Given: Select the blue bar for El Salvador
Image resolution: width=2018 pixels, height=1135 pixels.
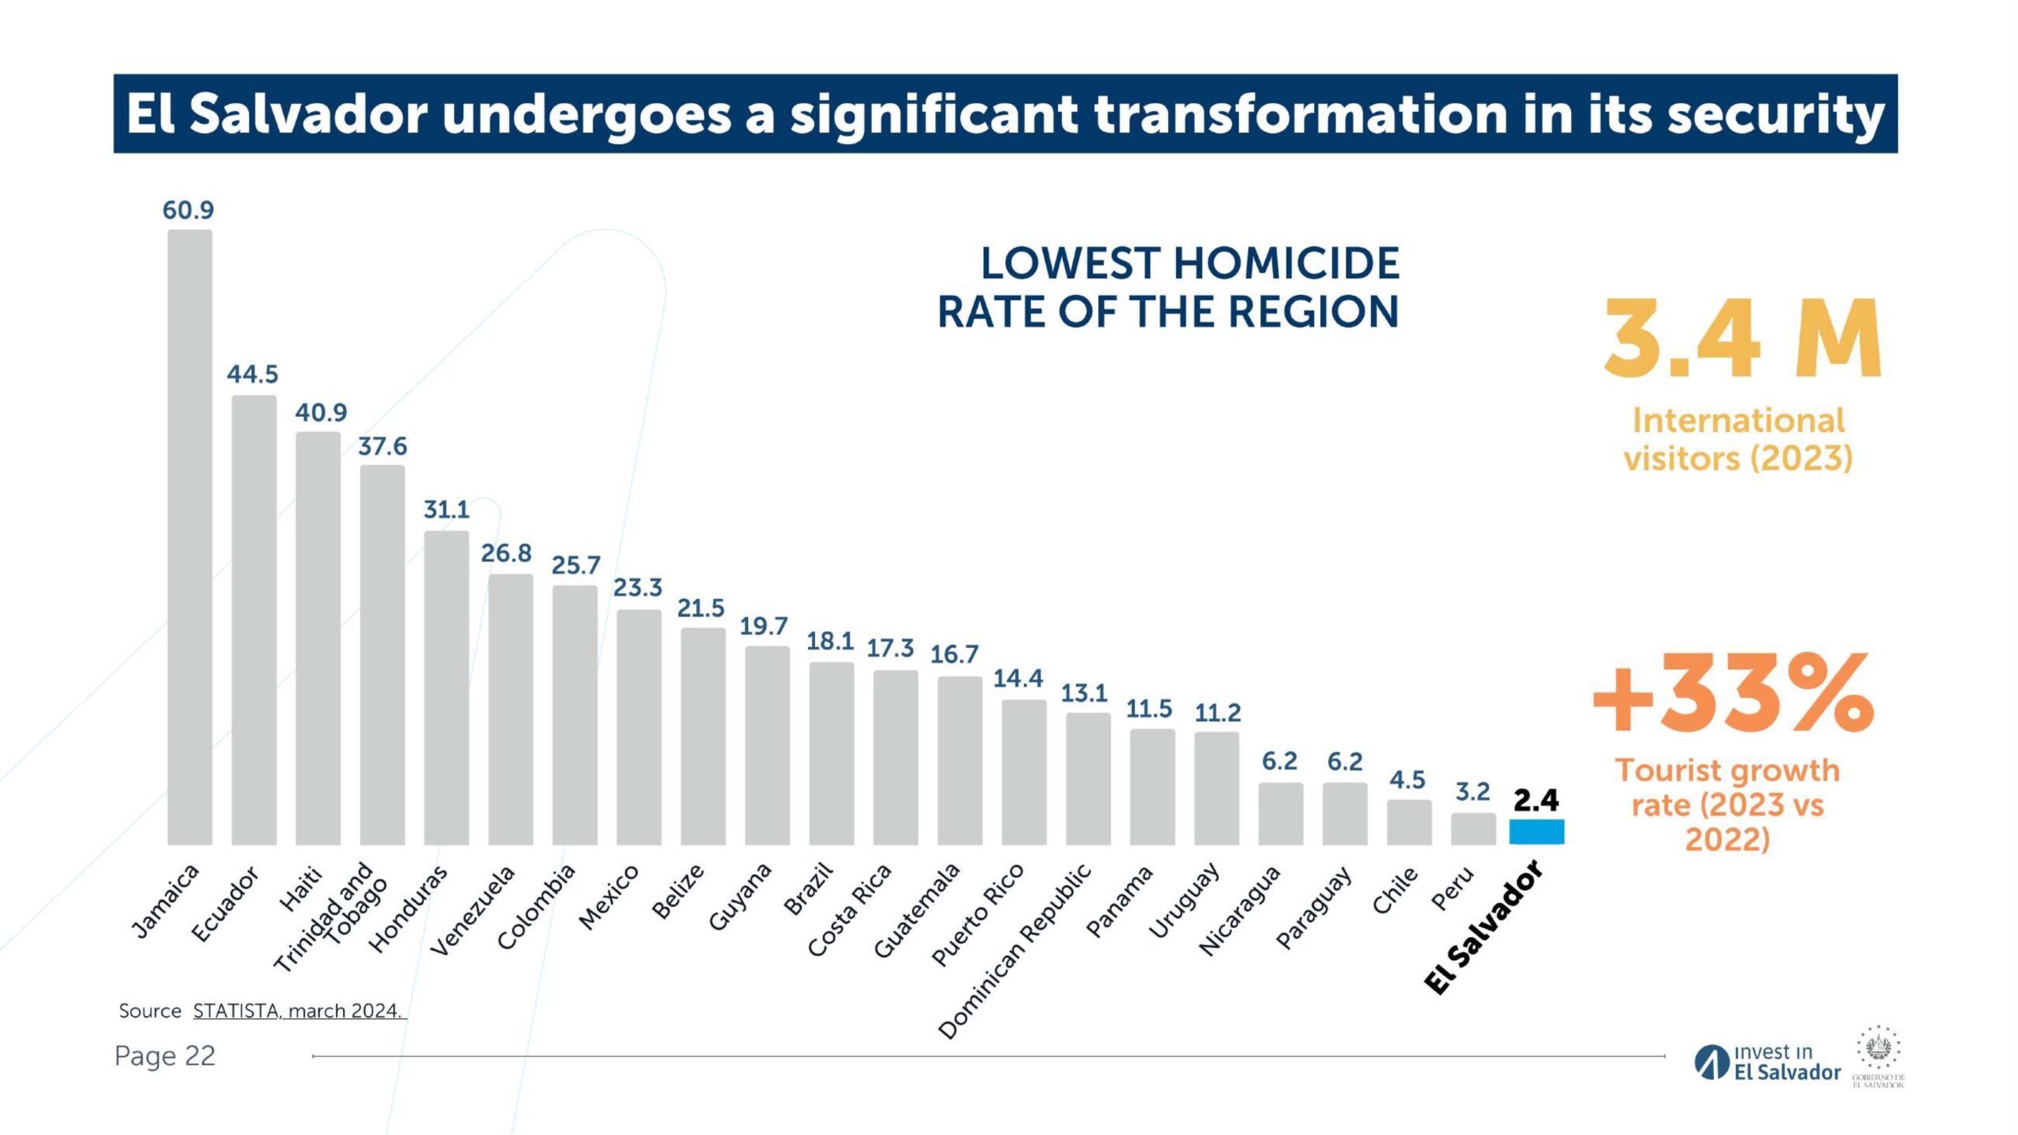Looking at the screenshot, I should click(1536, 832).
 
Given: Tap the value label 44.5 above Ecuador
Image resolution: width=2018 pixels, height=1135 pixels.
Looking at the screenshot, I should click(252, 374).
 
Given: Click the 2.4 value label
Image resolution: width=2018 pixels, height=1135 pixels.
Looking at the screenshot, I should click(1536, 800).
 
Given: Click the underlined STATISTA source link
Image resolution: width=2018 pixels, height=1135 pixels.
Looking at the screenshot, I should click(298, 1010).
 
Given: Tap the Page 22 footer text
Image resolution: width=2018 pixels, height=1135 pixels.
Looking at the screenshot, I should click(165, 1055).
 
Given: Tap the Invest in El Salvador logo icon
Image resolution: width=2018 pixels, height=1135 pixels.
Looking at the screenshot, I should click(1711, 1062).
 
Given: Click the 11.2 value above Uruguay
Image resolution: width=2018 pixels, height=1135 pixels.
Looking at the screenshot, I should click(1217, 713).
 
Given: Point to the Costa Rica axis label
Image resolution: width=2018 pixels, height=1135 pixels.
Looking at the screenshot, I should click(850, 910).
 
